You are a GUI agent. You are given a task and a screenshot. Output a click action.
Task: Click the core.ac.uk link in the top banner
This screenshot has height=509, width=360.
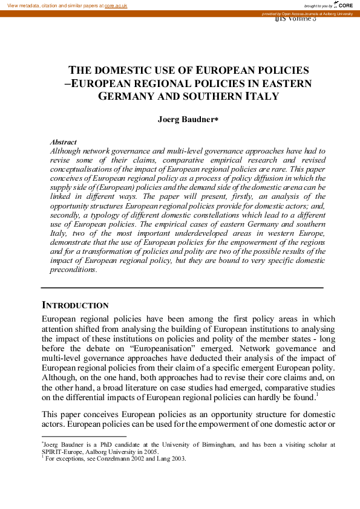[116, 5]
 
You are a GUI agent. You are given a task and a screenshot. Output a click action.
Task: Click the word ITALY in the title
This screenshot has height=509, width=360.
[262, 96]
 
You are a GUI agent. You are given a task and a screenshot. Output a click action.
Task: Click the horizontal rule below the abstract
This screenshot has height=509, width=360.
[182, 287]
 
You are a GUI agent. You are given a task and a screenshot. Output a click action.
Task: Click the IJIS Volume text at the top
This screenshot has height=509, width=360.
[295, 19]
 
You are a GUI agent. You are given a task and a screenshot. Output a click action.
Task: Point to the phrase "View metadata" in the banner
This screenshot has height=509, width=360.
[22, 5]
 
